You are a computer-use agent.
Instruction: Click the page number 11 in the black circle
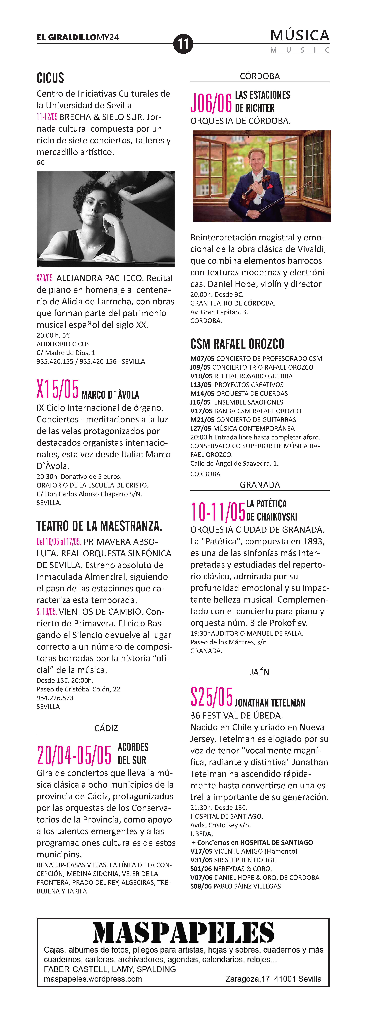click(183, 44)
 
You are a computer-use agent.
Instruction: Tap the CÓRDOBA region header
click(260, 76)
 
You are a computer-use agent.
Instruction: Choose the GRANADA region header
click(260, 485)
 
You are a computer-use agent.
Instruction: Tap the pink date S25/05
click(211, 697)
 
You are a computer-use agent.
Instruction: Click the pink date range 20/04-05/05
click(74, 755)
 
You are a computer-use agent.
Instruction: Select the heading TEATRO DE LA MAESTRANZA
click(99, 526)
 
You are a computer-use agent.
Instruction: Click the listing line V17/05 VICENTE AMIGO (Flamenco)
click(244, 851)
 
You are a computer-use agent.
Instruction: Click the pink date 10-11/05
click(217, 512)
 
